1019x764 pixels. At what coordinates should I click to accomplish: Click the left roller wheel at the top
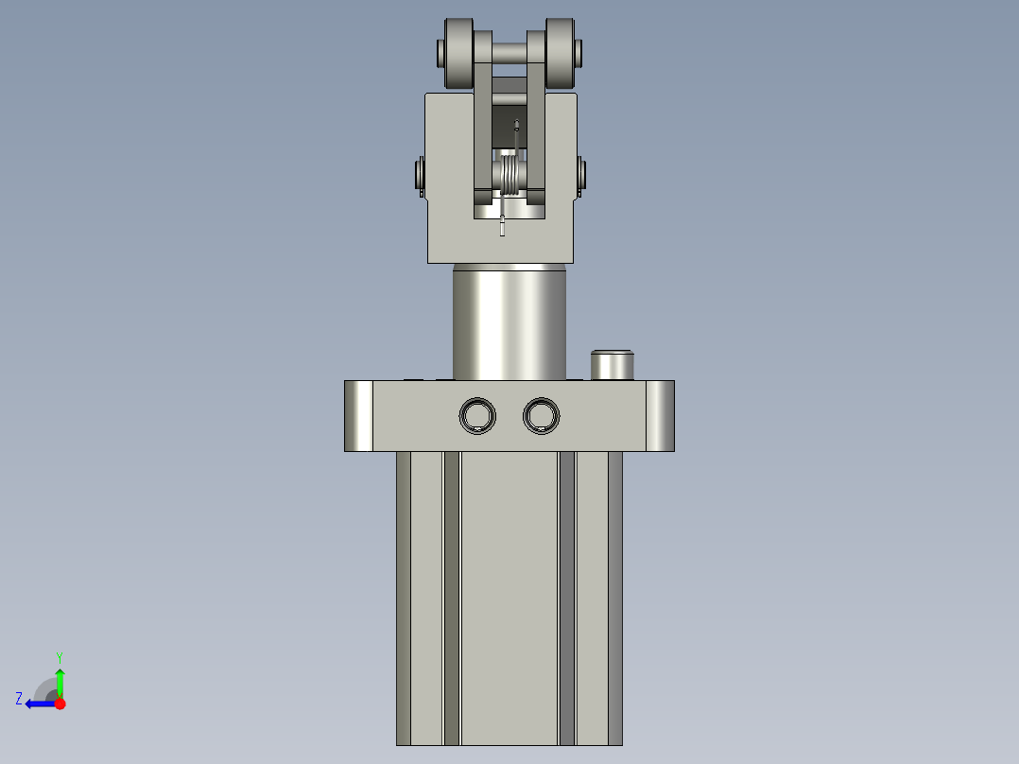(x=456, y=52)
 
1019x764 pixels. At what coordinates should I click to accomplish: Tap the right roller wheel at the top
(x=561, y=52)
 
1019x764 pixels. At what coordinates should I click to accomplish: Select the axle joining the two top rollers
(x=509, y=51)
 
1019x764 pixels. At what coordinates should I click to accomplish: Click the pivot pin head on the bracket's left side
(x=419, y=176)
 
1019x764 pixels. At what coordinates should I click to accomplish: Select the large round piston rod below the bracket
(x=509, y=321)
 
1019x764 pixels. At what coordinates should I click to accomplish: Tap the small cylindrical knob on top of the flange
(x=612, y=364)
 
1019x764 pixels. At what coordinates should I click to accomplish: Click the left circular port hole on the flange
(x=477, y=415)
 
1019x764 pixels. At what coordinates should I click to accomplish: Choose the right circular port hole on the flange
(x=541, y=415)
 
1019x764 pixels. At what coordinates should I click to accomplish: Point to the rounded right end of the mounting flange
(x=661, y=416)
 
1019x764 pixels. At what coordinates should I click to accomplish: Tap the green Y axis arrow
(x=60, y=681)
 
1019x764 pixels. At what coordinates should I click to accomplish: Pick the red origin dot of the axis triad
(x=60, y=703)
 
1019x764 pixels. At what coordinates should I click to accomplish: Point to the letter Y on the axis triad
(x=60, y=656)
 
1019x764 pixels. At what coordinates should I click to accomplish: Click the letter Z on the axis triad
(x=19, y=699)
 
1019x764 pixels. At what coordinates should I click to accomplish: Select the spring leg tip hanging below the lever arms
(x=503, y=227)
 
